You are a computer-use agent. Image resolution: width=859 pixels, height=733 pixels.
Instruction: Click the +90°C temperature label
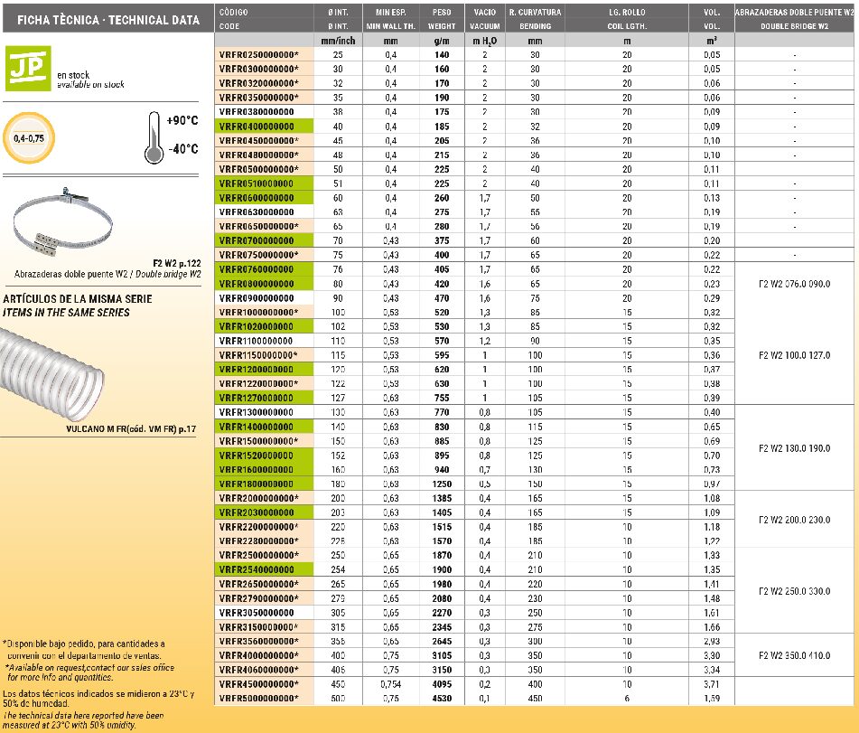pyautogui.click(x=182, y=120)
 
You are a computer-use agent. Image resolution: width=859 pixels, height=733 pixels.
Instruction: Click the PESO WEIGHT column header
pyautogui.click(x=442, y=19)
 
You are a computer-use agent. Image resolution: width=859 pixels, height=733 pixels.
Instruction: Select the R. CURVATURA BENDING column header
pyautogui.click(x=535, y=19)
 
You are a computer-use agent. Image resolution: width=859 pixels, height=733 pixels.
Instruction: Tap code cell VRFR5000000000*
pyautogui.click(x=258, y=699)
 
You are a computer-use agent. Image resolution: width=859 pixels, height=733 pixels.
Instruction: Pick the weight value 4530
pyautogui.click(x=441, y=699)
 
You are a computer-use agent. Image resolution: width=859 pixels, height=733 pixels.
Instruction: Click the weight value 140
pyautogui.click(x=441, y=55)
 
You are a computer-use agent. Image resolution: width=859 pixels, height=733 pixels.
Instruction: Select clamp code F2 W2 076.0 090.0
pyautogui.click(x=795, y=284)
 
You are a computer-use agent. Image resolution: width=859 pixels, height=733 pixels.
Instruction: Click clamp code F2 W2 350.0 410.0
pyautogui.click(x=795, y=655)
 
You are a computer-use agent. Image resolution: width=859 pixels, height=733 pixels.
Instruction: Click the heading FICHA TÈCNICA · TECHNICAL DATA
pyautogui.click(x=102, y=19)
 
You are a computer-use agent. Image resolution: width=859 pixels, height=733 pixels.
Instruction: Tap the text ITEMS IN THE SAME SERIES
pyautogui.click(x=67, y=313)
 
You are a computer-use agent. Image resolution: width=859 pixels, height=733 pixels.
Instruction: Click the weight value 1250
pyautogui.click(x=441, y=484)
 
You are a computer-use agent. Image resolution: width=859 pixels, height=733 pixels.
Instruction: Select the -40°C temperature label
pyautogui.click(x=182, y=149)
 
